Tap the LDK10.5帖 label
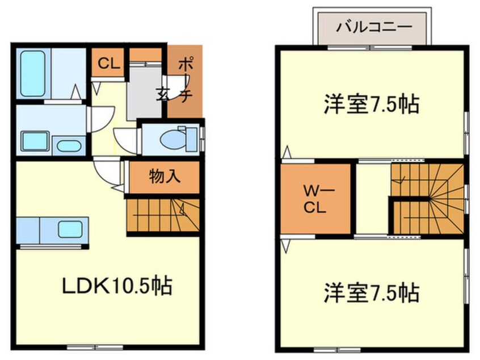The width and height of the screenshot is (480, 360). tap(117, 285)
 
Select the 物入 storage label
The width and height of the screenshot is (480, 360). tap(165, 177)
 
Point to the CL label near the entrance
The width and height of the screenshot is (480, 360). tap(108, 63)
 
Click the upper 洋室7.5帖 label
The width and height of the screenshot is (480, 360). tap(372, 104)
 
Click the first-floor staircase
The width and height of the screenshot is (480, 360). tap(162, 214)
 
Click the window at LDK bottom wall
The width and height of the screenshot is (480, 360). tap(91, 346)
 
